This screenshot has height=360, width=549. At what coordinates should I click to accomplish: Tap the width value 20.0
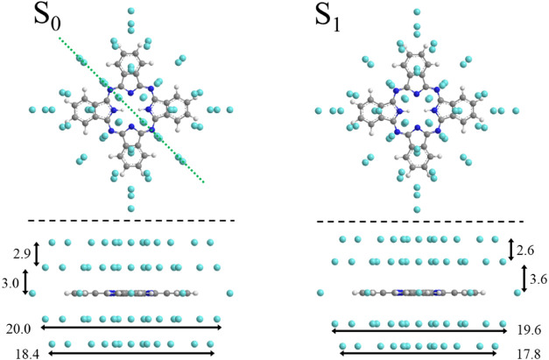18,328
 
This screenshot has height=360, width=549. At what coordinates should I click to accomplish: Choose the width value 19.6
528,329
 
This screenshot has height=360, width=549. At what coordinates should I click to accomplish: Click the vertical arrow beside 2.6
511,250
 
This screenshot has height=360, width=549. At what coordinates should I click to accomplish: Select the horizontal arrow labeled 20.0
131,328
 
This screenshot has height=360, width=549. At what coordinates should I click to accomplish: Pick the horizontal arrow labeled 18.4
131,352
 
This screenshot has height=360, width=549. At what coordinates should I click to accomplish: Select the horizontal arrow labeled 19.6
420,329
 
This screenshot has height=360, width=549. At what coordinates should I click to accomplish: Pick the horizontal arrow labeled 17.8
420,352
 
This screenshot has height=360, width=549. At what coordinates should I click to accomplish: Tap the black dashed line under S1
420,222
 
